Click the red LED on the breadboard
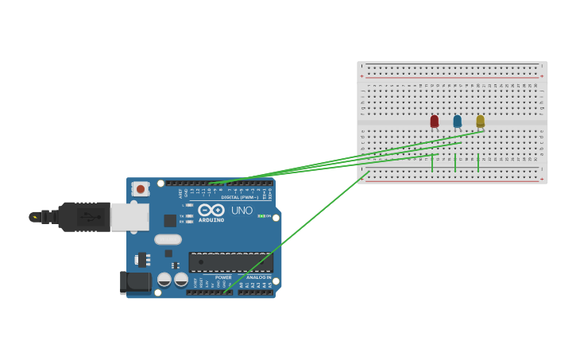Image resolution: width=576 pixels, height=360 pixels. tap(434, 122)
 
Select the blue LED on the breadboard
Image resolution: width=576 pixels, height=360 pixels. tap(457, 122)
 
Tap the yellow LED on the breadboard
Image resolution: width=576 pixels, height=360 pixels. tap(480, 122)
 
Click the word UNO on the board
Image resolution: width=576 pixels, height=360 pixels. tap(242, 211)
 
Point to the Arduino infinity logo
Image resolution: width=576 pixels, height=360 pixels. tap(211, 210)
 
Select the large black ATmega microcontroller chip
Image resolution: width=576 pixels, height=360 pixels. tap(230, 262)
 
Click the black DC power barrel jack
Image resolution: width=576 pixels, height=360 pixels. tap(135, 281)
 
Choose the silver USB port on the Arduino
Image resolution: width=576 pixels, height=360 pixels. tap(130, 216)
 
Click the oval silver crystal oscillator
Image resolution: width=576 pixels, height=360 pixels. tap(168, 239)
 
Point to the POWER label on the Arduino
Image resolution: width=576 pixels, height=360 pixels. tap(223, 277)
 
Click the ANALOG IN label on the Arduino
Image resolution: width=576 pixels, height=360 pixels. tap(258, 277)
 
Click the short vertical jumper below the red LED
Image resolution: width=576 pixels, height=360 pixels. tap(432, 163)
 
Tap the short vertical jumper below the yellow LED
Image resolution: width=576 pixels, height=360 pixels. tap(478, 163)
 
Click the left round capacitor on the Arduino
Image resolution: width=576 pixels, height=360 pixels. tap(164, 279)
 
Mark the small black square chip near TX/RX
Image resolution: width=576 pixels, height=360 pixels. tap(170, 221)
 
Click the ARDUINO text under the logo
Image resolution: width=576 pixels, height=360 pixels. tap(211, 220)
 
